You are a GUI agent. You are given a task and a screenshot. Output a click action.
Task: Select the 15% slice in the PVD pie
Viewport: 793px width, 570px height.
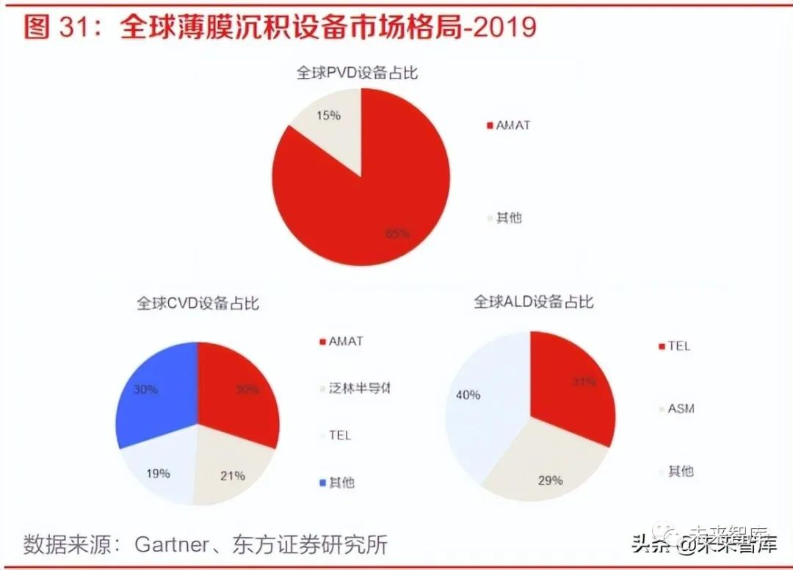(329, 125)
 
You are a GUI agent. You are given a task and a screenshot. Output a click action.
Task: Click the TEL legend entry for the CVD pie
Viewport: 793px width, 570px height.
(339, 435)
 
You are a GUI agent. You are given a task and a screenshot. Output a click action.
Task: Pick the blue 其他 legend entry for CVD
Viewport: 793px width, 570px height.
(341, 483)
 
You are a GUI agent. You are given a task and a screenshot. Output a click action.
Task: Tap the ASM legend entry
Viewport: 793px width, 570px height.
(680, 408)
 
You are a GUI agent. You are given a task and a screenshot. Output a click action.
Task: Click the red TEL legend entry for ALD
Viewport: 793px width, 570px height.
(678, 346)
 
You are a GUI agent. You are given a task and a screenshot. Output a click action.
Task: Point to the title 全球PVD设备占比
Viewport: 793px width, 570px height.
(357, 73)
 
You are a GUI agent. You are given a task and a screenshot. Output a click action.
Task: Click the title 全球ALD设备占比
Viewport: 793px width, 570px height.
(533, 302)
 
